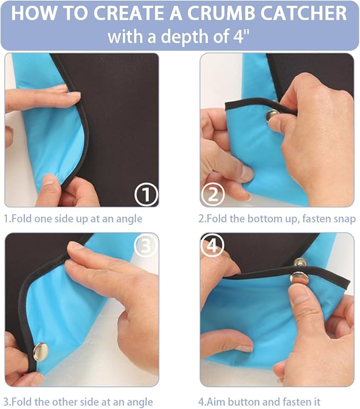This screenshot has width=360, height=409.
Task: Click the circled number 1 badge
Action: tap(146, 195)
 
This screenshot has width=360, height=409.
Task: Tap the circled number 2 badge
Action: tap(213, 195)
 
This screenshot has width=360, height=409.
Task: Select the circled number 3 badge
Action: tap(145, 245)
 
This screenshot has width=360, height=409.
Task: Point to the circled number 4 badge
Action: tap(212, 245)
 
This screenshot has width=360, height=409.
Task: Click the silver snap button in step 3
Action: tap(41, 352)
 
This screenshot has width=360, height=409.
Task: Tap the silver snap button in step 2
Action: tap(272, 116)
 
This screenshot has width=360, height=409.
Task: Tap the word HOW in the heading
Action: tap(33, 13)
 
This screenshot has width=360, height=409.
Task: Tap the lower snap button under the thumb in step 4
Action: tap(299, 278)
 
